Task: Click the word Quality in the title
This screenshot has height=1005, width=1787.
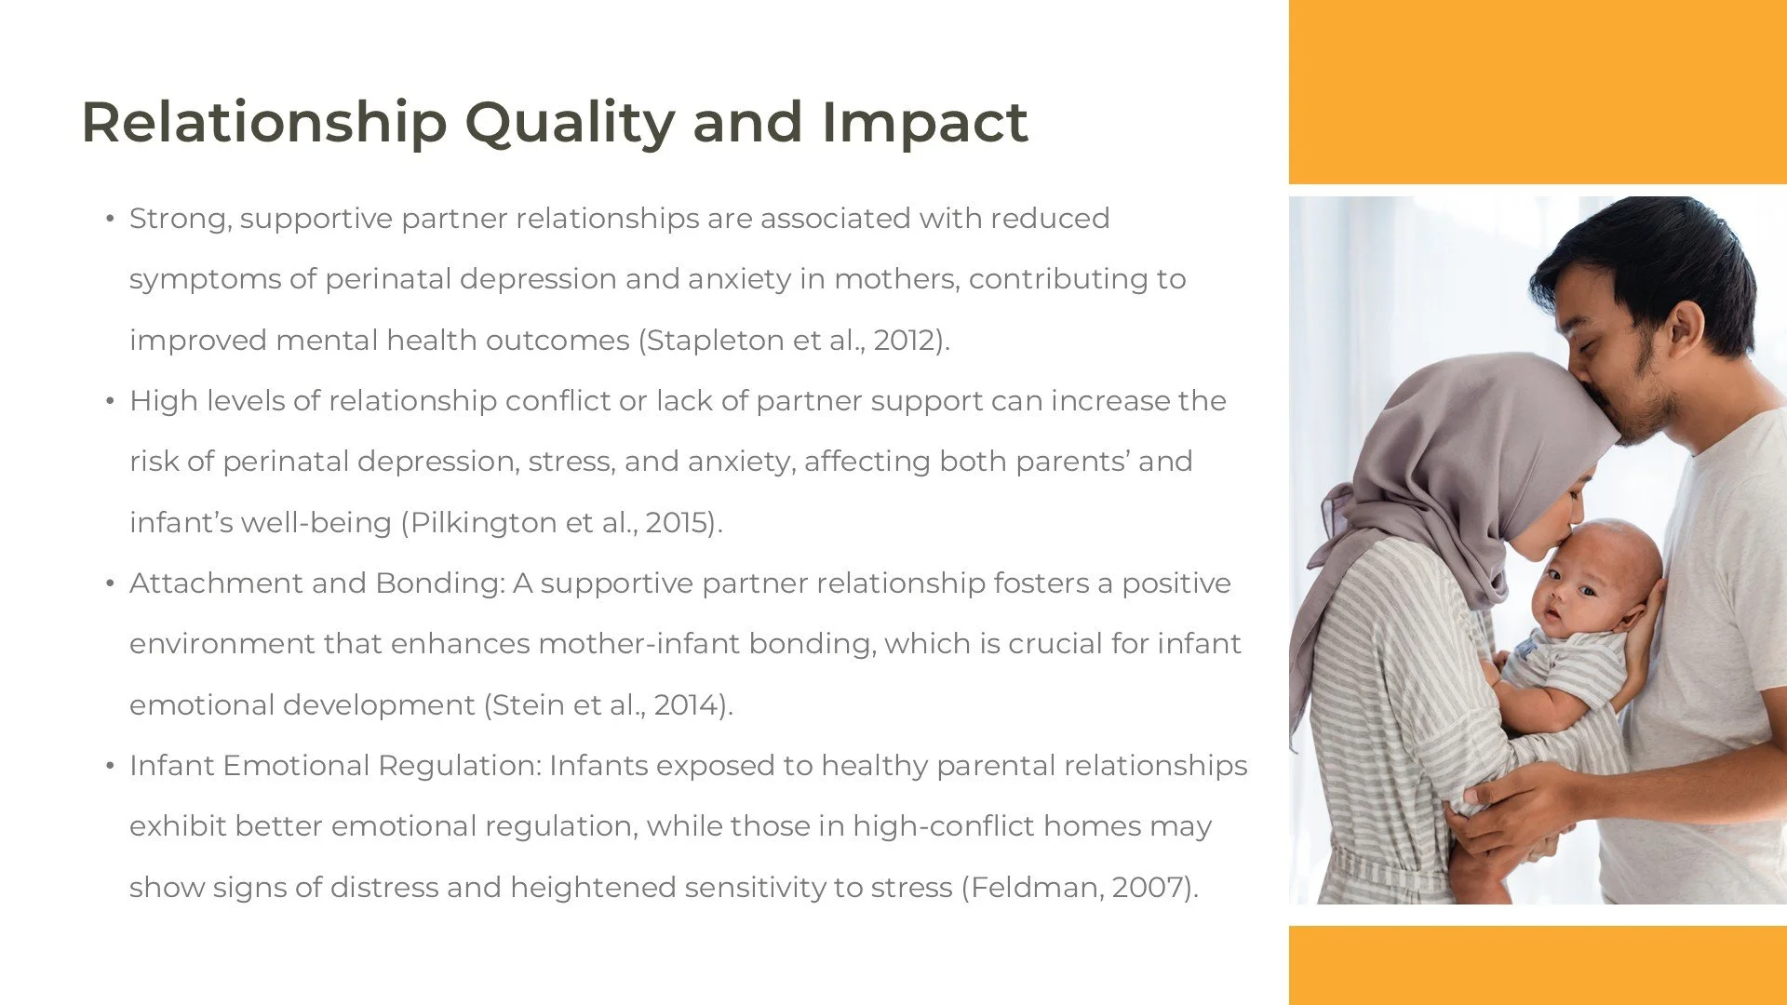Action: pyautogui.click(x=570, y=123)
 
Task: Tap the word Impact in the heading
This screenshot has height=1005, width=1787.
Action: pyautogui.click(x=923, y=123)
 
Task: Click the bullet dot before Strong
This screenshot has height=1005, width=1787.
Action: pyautogui.click(x=110, y=220)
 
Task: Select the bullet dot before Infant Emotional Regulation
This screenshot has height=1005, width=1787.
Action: pyautogui.click(x=110, y=767)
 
